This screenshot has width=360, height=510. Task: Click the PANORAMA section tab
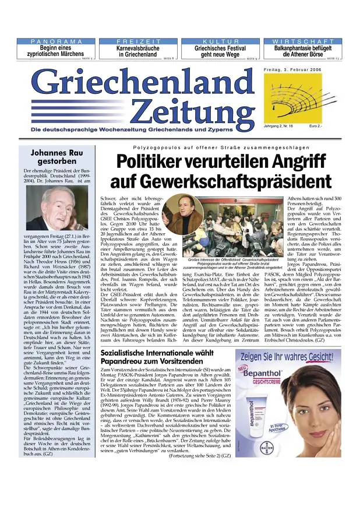pyautogui.click(x=57, y=42)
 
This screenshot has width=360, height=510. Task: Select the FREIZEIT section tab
pyautogui.click(x=138, y=42)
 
